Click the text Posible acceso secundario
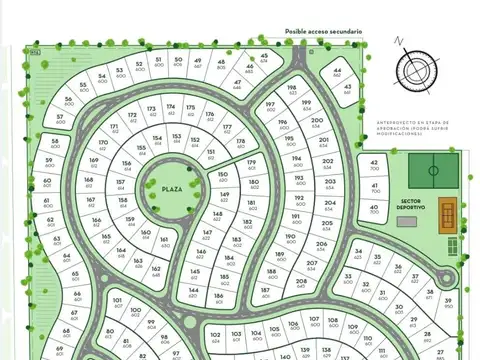pyautogui.click(x=323, y=31)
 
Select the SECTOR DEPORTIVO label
pyautogui.click(x=412, y=204)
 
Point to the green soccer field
pyautogui.click(x=434, y=169)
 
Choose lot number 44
pyautogui.click(x=337, y=74)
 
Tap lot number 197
pyautogui.click(x=270, y=105)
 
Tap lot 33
pyautogui.click(x=346, y=278)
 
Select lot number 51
pyautogui.click(x=158, y=62)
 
